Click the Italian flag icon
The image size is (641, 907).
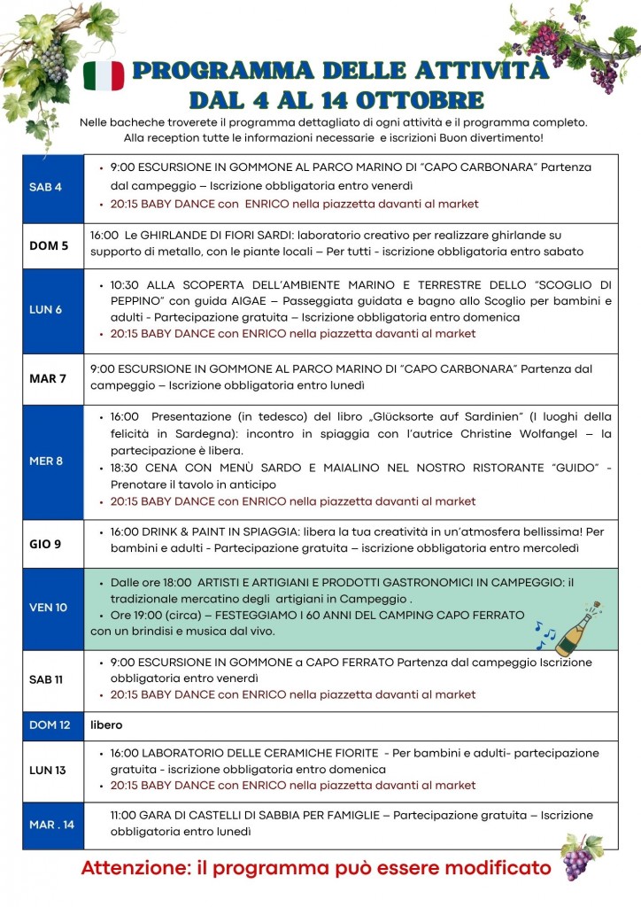coord(104,76)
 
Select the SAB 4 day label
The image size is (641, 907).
coord(45,187)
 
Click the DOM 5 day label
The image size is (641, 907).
coord(49,245)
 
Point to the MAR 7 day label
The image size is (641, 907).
coord(48,378)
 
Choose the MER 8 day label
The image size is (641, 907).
coord(46,461)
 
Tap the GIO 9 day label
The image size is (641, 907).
coord(45,544)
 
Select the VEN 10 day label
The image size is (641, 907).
coord(48,608)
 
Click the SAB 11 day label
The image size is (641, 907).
coord(47,679)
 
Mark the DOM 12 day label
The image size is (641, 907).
coord(50,725)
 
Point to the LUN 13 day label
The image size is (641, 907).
coord(48,770)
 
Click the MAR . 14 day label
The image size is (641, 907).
coord(51,825)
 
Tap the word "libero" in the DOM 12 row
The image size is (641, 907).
coord(106,725)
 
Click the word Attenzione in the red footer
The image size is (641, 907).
coord(133,868)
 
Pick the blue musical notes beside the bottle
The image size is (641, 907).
coord(546,632)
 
